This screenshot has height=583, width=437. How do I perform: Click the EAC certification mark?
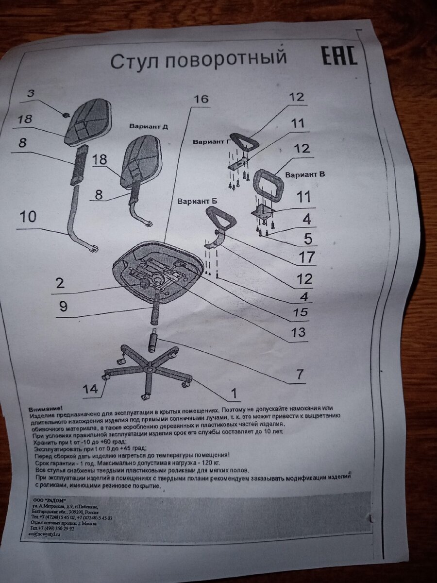339,56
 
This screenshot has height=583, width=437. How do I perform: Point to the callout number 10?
28,217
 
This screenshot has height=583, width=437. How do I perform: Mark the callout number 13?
299,333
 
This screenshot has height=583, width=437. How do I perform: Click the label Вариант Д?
149,126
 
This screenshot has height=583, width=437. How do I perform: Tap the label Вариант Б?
197,201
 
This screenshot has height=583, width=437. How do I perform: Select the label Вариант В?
305,174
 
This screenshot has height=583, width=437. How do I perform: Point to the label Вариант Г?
211,142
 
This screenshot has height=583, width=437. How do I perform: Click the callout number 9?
63,307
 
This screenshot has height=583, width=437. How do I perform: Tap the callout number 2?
60,283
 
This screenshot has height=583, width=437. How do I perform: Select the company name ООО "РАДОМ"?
48,501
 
